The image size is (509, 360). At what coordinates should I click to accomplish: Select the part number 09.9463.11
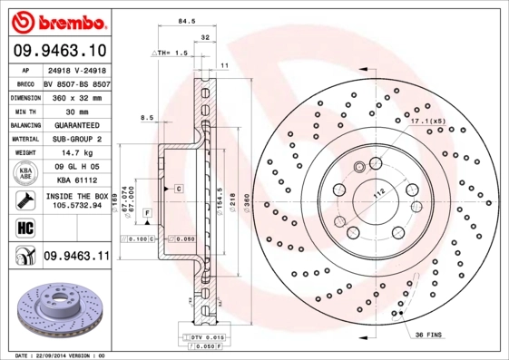point(75,257)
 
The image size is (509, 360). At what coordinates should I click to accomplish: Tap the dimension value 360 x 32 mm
point(76,96)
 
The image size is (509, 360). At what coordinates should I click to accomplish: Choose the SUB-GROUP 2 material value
point(75,140)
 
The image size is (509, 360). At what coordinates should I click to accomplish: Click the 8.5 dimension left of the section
point(146,117)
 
